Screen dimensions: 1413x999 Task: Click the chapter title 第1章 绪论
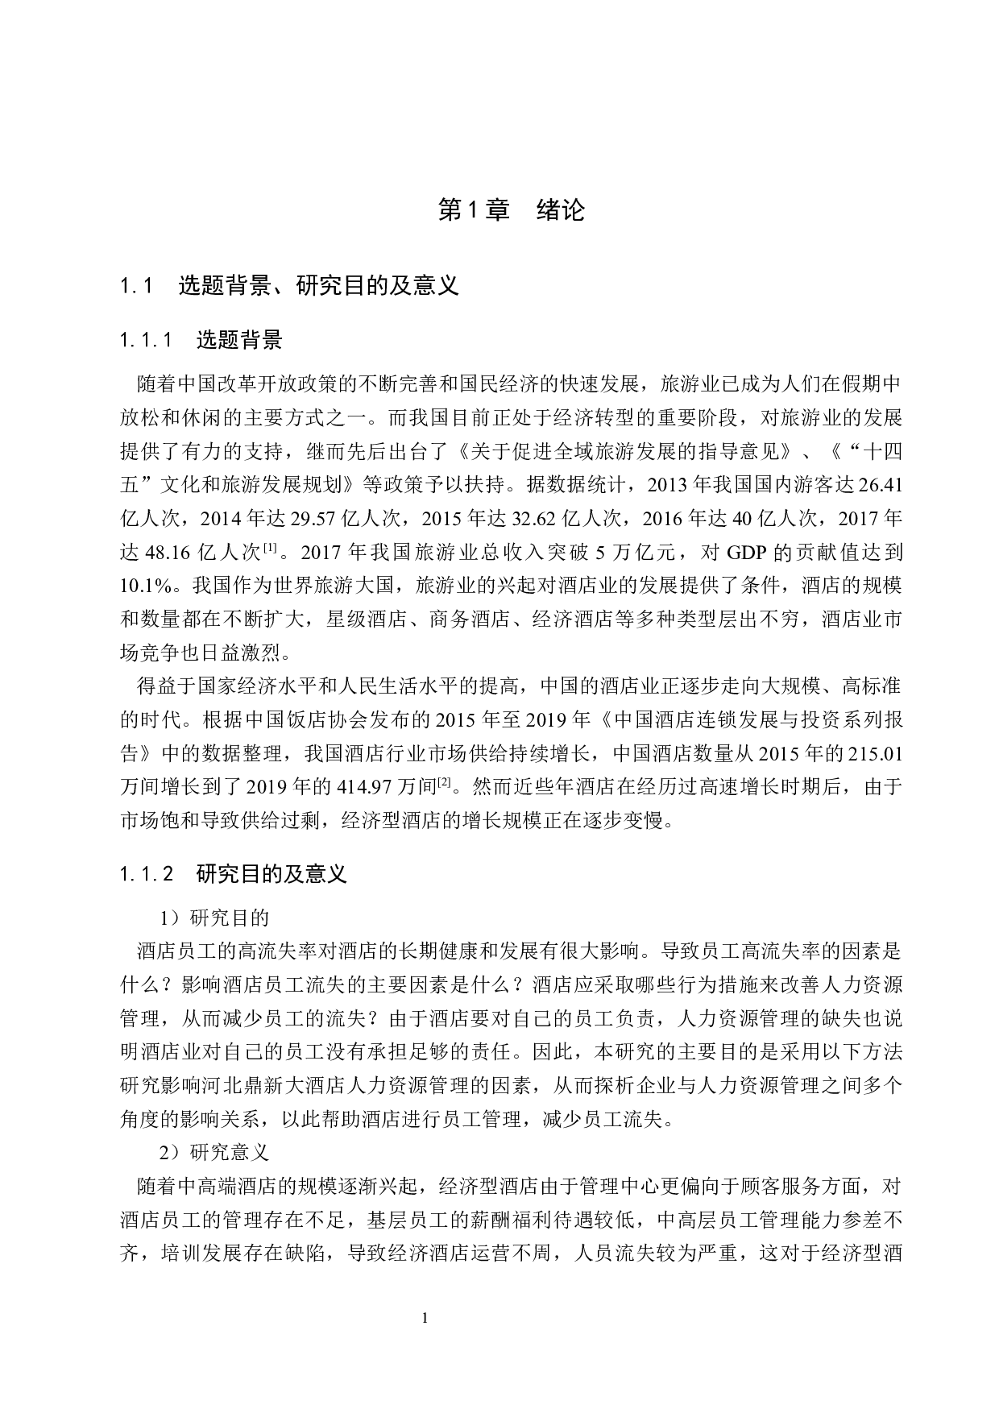pyautogui.click(x=511, y=210)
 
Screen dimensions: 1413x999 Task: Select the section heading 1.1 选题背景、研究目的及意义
pyautogui.click(x=289, y=285)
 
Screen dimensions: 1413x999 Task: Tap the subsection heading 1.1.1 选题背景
pyautogui.click(x=201, y=340)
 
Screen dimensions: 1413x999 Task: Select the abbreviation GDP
pyautogui.click(x=748, y=553)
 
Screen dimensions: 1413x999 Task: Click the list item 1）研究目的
pyautogui.click(x=214, y=918)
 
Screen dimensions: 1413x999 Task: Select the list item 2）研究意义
pyautogui.click(x=214, y=1153)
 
